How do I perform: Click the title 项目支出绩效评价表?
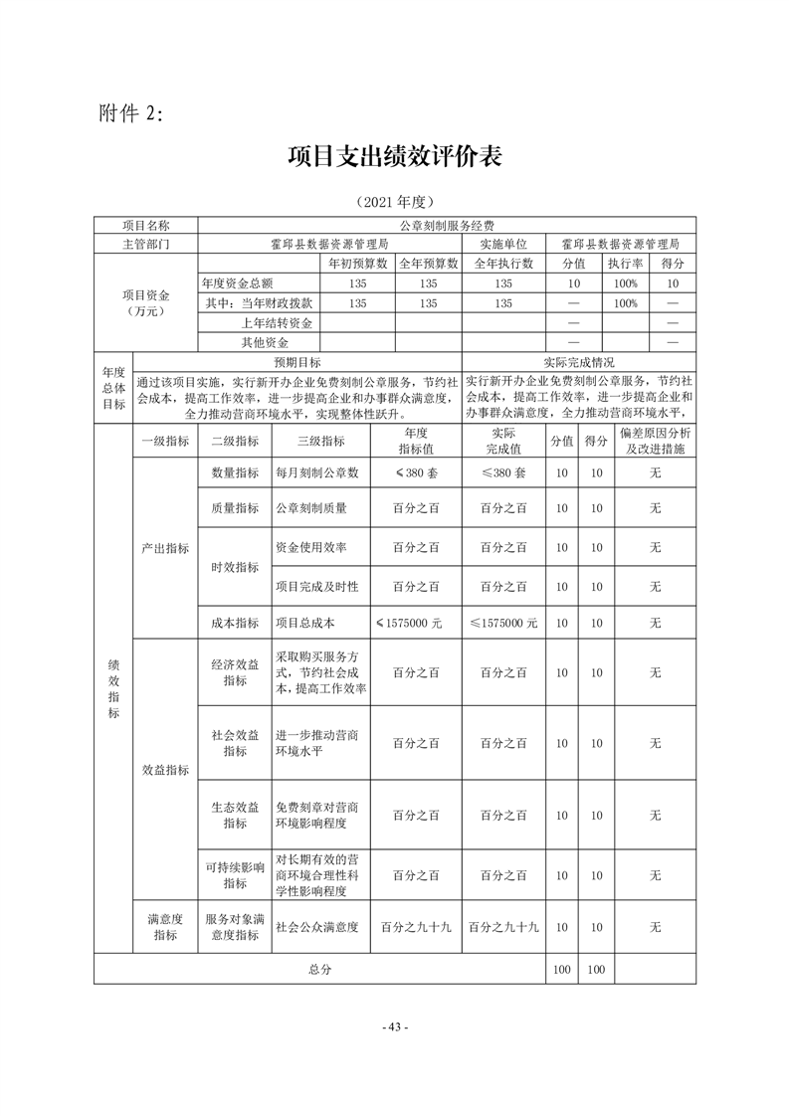click(395, 156)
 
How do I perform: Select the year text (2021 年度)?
click(395, 201)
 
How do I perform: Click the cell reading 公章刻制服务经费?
click(447, 227)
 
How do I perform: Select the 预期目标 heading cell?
click(297, 362)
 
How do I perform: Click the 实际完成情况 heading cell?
click(578, 362)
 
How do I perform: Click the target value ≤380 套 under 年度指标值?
click(416, 473)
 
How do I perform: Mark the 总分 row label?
click(319, 969)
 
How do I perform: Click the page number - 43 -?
click(395, 1026)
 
